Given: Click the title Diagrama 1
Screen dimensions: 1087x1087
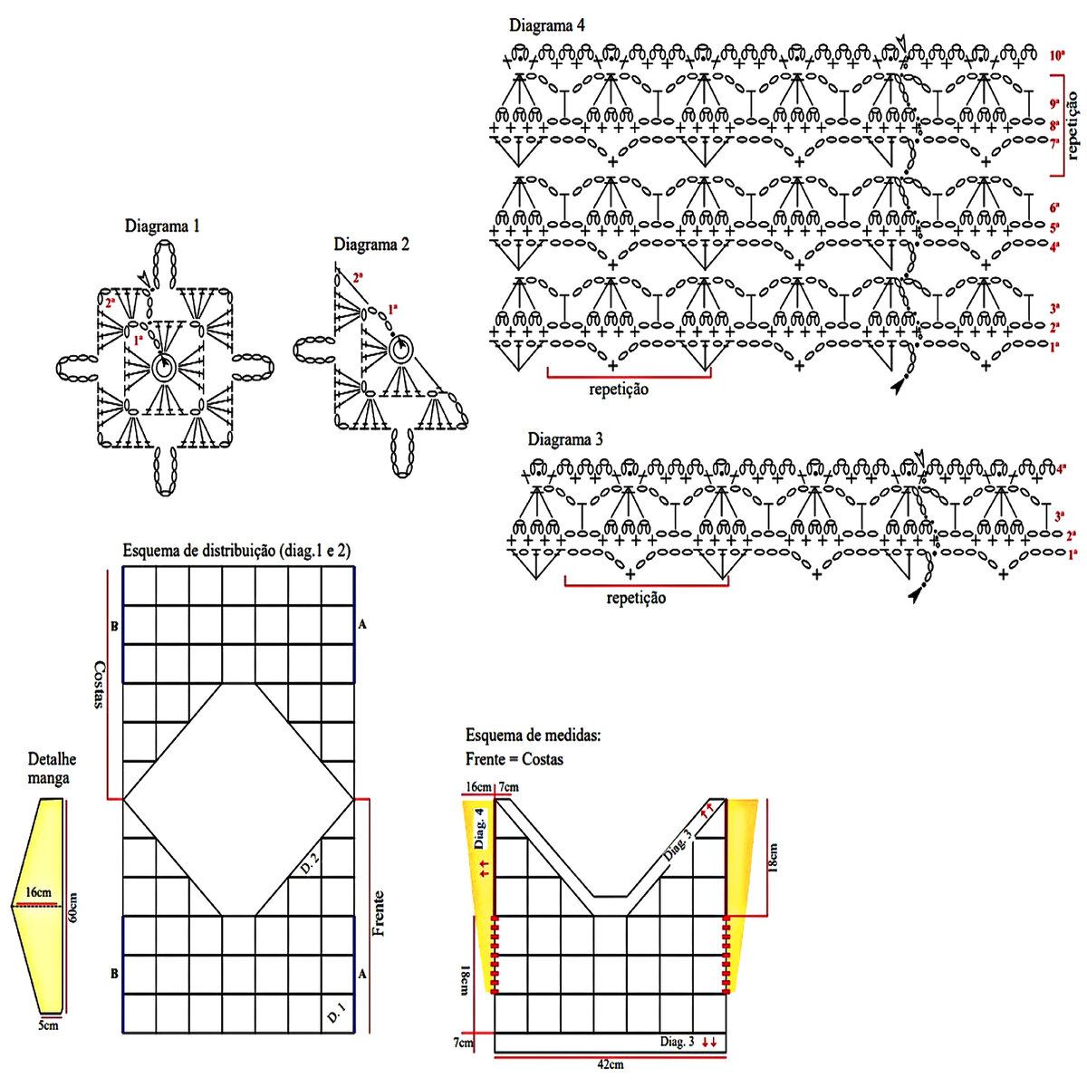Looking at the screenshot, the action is (162, 226).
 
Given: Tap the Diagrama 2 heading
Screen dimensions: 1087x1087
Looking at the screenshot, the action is (371, 245).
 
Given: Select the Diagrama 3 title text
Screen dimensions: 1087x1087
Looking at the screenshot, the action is (565, 440).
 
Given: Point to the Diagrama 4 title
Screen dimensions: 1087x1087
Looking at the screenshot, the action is (546, 25).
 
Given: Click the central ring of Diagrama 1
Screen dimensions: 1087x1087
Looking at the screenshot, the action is (165, 367).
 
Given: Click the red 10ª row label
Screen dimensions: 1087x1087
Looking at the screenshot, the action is (1056, 56).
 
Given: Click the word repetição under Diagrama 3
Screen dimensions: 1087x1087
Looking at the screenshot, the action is (636, 598).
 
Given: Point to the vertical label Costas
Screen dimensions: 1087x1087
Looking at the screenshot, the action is (101, 684).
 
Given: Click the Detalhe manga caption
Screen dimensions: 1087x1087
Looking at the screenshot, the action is (53, 769).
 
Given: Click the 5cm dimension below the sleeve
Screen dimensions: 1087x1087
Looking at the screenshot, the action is (48, 1026).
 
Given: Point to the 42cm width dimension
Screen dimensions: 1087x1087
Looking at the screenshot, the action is (610, 1064).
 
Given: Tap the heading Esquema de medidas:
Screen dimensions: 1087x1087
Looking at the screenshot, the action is (534, 736).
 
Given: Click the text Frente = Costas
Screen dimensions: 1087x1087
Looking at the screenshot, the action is (515, 759).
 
